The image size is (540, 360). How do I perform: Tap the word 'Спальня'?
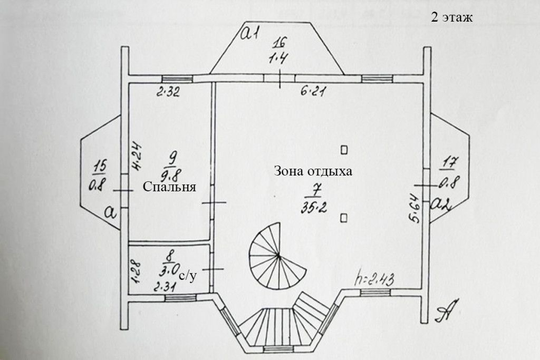[169, 187]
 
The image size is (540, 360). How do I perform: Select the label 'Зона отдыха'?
[313, 172]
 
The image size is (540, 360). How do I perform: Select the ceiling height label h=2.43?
[376, 277]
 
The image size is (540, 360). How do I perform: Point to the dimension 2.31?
[164, 288]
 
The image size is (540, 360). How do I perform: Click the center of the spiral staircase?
[278, 256]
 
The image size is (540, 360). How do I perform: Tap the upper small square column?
[344, 150]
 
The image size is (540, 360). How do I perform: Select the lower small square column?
[344, 216]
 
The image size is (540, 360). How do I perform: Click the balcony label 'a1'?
[248, 34]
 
